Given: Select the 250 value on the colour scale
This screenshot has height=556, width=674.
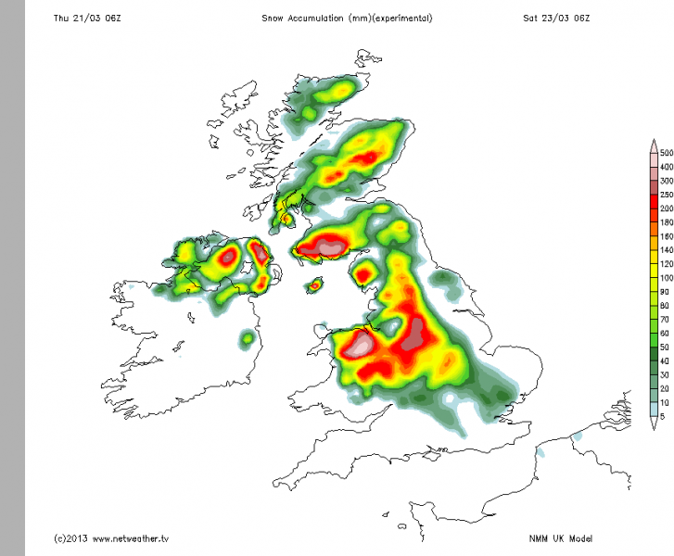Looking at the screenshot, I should point(666,194).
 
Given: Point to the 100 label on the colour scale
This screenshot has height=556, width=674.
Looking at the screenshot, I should point(666,278).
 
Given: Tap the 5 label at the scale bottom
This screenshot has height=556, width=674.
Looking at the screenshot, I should point(664,415).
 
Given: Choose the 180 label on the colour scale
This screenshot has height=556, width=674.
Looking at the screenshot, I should point(666,222).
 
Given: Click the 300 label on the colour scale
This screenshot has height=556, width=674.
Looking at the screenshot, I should point(666,181).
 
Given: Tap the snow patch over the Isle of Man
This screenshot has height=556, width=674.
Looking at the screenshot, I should point(315,285).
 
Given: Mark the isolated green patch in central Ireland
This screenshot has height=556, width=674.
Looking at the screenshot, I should point(247,339).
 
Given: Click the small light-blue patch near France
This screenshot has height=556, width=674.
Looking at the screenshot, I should point(576,436).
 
